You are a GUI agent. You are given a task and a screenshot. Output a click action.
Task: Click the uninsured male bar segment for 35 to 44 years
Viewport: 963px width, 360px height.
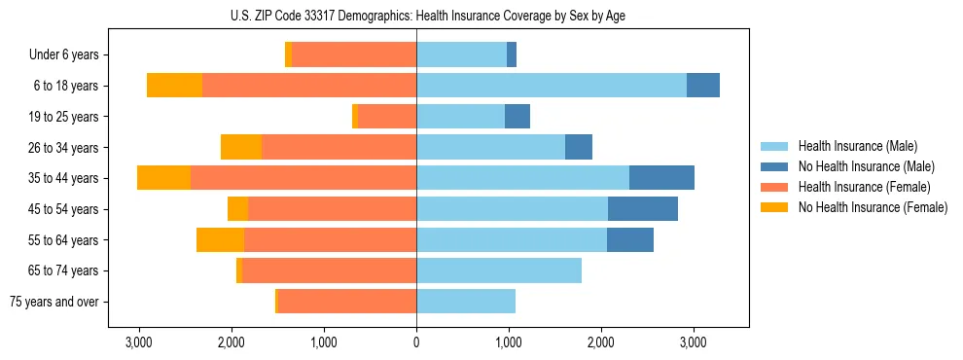(x=661, y=178)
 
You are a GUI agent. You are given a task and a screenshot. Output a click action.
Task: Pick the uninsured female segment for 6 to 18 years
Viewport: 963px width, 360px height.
(x=175, y=86)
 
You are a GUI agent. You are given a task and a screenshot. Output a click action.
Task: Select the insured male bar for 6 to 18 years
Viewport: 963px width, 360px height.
(x=552, y=86)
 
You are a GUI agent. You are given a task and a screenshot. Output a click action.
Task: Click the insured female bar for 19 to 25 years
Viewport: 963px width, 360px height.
(x=387, y=117)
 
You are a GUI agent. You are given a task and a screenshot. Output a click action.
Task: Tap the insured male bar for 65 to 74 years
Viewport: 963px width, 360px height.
(x=499, y=270)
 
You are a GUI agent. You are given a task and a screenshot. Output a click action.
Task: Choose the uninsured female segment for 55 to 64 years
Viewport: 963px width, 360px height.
(x=220, y=239)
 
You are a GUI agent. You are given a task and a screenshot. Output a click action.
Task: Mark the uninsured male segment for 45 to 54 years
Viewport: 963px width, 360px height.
(x=643, y=209)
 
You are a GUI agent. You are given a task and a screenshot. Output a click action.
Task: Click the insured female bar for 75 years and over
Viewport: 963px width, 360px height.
(x=347, y=302)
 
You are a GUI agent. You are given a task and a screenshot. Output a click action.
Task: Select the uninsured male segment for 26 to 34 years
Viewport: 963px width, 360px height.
(x=579, y=147)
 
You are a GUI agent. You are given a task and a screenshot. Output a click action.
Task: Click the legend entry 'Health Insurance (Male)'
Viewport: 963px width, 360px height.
(x=857, y=146)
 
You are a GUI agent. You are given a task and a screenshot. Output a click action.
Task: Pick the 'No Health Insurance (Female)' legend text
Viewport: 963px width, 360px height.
(x=873, y=207)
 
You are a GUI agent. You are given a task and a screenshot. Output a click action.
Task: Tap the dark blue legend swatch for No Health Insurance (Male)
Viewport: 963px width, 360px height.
(x=775, y=166)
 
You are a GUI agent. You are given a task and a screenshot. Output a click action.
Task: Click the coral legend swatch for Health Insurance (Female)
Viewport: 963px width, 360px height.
(x=775, y=187)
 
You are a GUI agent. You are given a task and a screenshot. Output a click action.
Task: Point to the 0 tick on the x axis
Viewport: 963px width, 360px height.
(x=416, y=342)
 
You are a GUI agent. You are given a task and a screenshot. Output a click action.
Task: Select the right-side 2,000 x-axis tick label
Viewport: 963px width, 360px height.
(x=601, y=342)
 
